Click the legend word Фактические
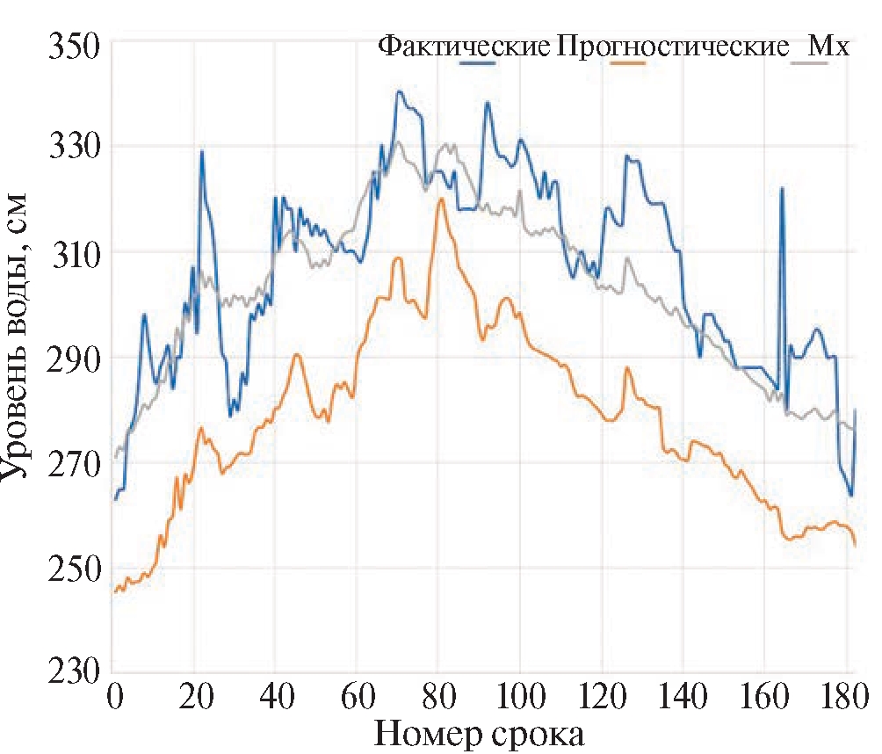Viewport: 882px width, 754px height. coord(464,47)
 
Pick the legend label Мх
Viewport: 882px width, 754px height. coord(828,47)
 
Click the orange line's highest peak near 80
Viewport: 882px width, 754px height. coord(441,199)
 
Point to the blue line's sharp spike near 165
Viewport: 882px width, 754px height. coord(781,188)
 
